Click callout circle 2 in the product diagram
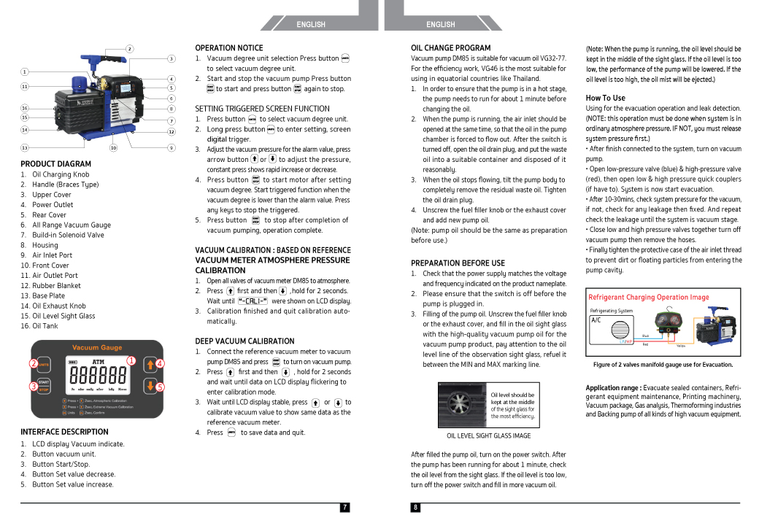[130, 49]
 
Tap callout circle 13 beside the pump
[25, 147]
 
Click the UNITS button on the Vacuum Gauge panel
[44, 364]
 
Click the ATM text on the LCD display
[98, 361]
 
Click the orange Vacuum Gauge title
[97, 347]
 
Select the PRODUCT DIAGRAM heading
[56, 164]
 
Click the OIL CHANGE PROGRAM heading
[451, 48]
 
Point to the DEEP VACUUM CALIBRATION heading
[244, 341]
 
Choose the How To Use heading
[605, 98]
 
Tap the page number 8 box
[415, 508]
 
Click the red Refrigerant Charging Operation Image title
[648, 297]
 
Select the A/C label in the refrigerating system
[596, 320]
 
